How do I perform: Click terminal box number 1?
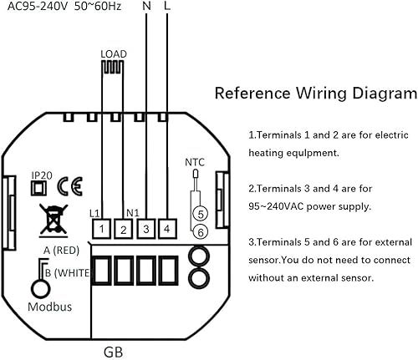(x=101, y=229)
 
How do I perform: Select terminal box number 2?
(x=124, y=229)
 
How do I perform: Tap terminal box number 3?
(x=146, y=229)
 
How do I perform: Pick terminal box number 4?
(x=167, y=229)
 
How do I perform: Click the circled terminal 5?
(x=201, y=214)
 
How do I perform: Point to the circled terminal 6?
(x=201, y=232)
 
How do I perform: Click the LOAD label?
(x=114, y=54)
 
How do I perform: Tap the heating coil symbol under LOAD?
(x=113, y=67)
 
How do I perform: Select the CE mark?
(x=70, y=186)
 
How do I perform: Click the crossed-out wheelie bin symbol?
(x=54, y=221)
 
